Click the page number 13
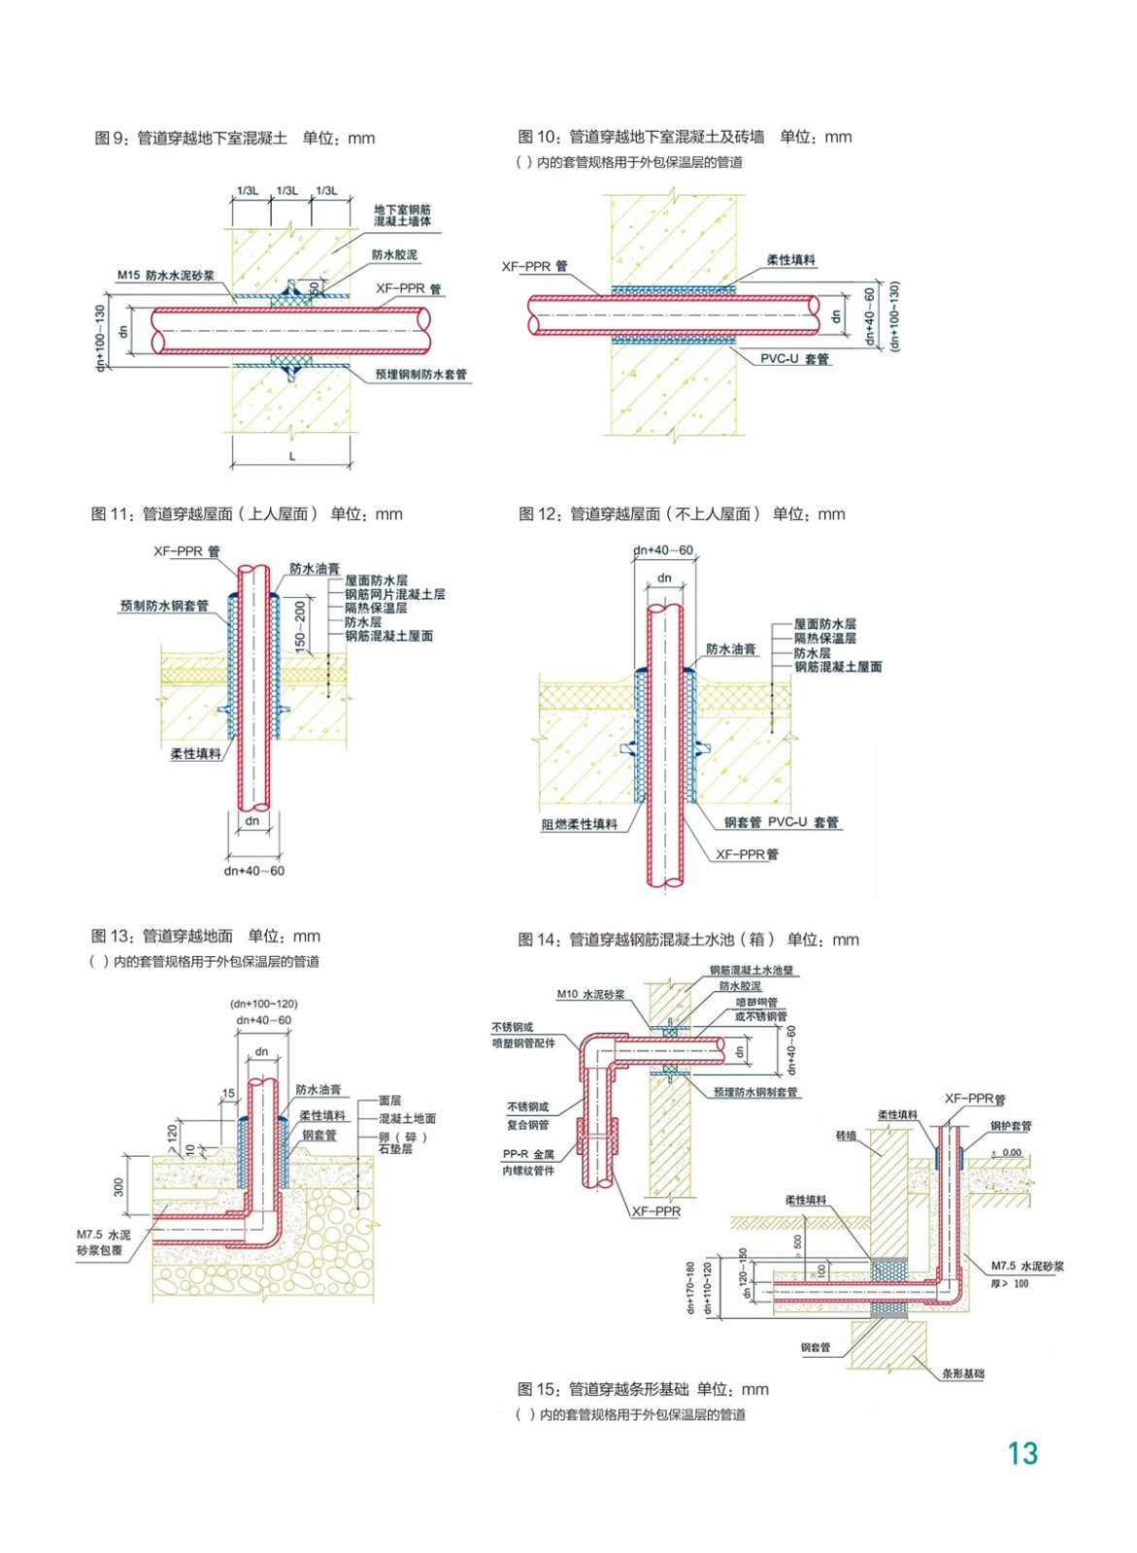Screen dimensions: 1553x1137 click(x=1022, y=1453)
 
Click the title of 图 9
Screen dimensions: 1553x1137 click(x=234, y=138)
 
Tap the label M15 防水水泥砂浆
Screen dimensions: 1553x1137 click(x=165, y=276)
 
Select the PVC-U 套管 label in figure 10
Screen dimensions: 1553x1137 click(x=794, y=359)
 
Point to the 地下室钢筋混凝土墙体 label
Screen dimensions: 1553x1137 click(x=402, y=215)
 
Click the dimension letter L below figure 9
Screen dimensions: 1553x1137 click(x=291, y=455)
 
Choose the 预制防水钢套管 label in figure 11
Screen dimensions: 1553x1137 click(x=164, y=606)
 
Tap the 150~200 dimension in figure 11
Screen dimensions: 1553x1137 click(x=300, y=624)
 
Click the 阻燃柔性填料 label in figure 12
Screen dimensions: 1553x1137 click(x=579, y=824)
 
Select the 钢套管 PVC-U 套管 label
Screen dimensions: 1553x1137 click(x=781, y=822)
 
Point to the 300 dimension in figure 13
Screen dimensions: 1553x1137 click(x=119, y=1186)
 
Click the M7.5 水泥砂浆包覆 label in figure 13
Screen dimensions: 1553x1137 click(x=103, y=1242)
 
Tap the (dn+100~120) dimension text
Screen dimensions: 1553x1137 click(x=263, y=1004)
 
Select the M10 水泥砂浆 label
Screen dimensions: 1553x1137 click(x=590, y=994)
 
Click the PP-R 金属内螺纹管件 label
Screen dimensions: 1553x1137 click(x=528, y=1162)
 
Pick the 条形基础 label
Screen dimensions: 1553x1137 click(x=962, y=1373)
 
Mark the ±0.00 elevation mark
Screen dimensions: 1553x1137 click(x=1006, y=1153)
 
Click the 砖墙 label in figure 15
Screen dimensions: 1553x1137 click(x=846, y=1135)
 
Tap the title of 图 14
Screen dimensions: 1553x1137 click(x=687, y=940)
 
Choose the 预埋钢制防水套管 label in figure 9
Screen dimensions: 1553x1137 click(x=420, y=374)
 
